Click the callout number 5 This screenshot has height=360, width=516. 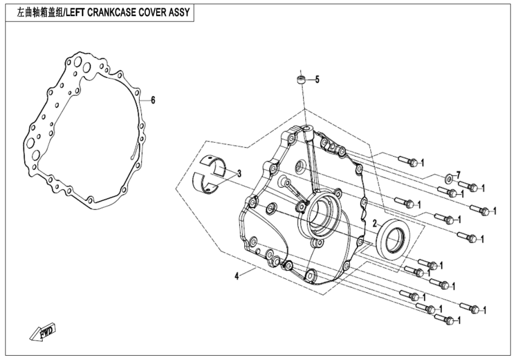(317, 79)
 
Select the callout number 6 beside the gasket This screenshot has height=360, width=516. (152, 100)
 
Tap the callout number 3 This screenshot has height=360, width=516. (239, 174)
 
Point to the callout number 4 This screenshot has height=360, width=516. (237, 276)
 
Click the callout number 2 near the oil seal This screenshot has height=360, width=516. (375, 223)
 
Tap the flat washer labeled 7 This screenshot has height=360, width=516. (448, 179)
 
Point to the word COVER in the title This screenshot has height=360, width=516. (151, 12)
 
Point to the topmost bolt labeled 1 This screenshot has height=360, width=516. (409, 161)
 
